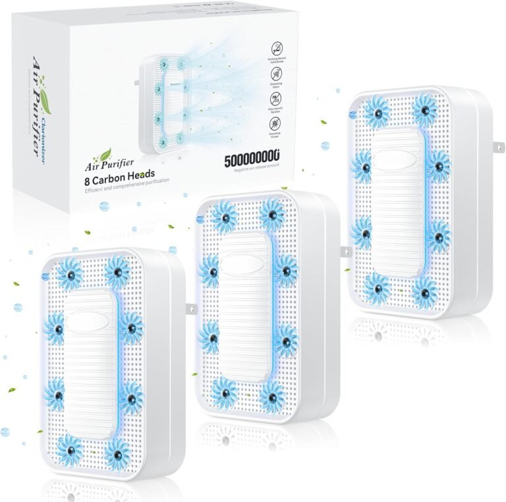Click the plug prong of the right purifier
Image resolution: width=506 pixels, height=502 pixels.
[x=499, y=146]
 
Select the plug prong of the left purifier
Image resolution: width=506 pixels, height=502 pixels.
[x=191, y=308]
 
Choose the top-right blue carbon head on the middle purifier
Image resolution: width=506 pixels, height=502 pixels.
[x=272, y=215]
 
